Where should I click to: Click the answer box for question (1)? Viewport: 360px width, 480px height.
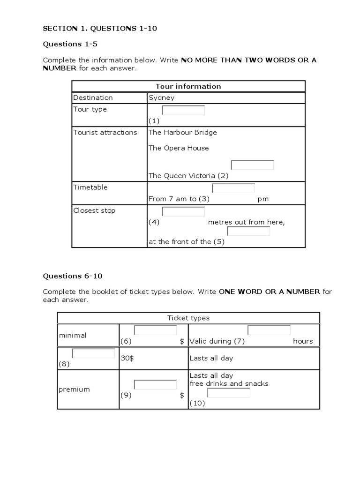click(x=183, y=110)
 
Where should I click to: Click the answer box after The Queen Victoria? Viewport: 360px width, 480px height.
click(x=252, y=165)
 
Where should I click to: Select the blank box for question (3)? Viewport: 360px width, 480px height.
click(x=233, y=188)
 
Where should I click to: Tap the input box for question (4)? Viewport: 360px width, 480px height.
click(x=183, y=211)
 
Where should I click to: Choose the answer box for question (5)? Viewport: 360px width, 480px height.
click(x=248, y=231)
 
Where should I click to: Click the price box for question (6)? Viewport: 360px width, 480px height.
click(x=155, y=330)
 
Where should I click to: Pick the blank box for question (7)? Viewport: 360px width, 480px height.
click(x=269, y=330)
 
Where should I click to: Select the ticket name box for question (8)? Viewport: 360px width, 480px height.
click(x=93, y=353)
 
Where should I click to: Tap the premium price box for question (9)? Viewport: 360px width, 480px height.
click(x=155, y=384)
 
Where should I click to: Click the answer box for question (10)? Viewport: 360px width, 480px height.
click(x=229, y=392)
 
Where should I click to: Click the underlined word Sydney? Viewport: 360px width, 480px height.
click(x=161, y=97)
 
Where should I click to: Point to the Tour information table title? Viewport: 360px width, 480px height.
click(x=188, y=86)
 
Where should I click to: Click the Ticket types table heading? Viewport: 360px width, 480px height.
click(x=188, y=318)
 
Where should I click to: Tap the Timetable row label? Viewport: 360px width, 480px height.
click(x=90, y=187)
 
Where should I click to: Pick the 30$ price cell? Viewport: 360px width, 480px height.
click(x=127, y=358)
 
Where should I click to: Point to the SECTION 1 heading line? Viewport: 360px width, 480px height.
click(x=100, y=29)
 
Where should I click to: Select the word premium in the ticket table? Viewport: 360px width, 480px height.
click(x=74, y=390)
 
